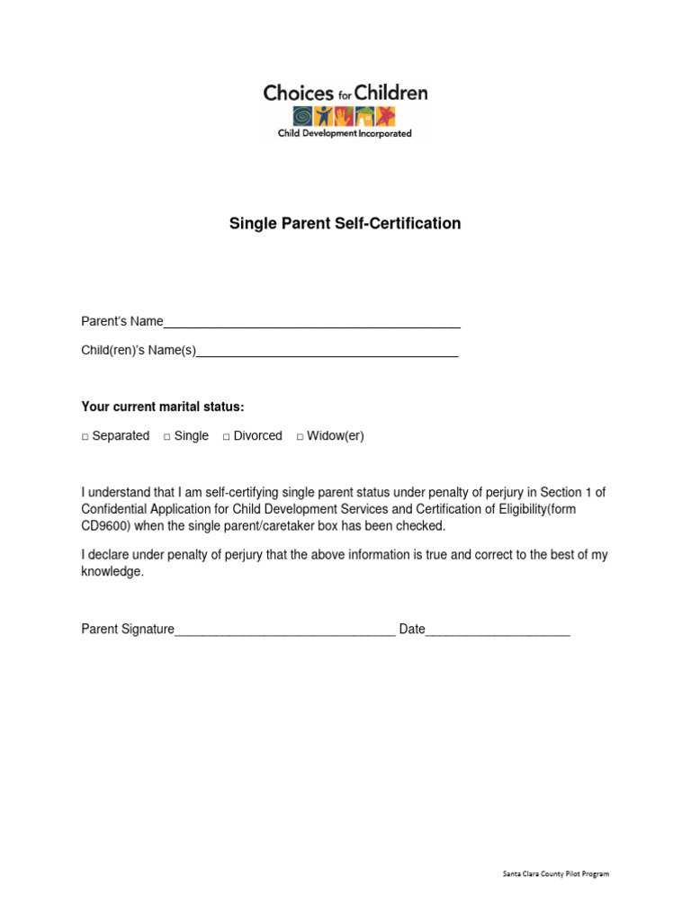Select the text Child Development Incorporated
[x=345, y=133]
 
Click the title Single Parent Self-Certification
[x=345, y=223]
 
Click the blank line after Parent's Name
[x=311, y=322]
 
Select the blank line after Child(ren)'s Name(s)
[x=327, y=352]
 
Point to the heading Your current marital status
[x=163, y=407]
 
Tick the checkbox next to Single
[x=167, y=436]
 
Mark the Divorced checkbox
[x=227, y=436]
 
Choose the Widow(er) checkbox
[x=301, y=436]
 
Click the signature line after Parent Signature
[x=284, y=630]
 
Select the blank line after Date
[x=498, y=630]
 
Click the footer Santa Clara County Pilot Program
[x=555, y=873]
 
